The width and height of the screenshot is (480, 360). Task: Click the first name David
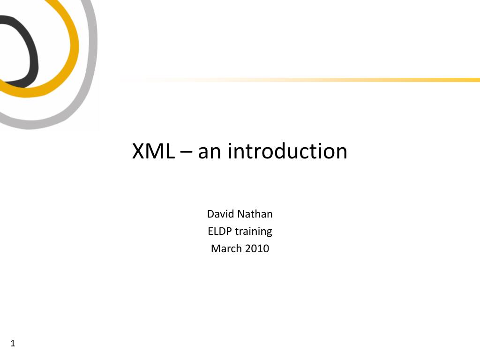coord(221,214)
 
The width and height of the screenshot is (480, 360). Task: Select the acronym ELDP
coord(220,231)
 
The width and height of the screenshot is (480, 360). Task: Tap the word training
coord(254,232)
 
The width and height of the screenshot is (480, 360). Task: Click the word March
coord(225,248)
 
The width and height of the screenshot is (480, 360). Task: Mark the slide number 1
coord(13,344)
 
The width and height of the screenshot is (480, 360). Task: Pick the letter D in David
coord(210,214)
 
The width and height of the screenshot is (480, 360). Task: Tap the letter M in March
coord(215,248)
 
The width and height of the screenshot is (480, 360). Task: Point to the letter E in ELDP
coord(210,231)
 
